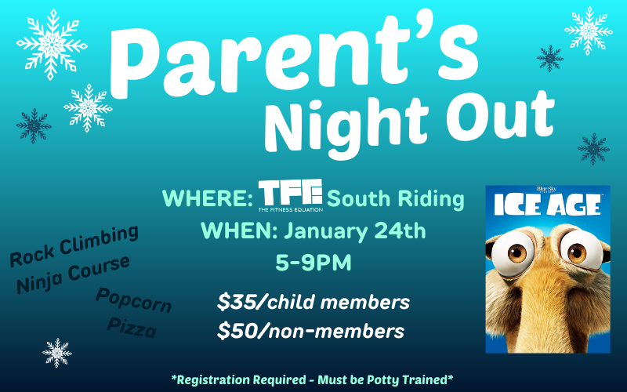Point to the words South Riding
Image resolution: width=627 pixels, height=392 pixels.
point(395,200)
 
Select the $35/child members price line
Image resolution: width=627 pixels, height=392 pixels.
point(313,302)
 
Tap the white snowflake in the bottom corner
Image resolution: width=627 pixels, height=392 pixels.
point(57,353)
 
